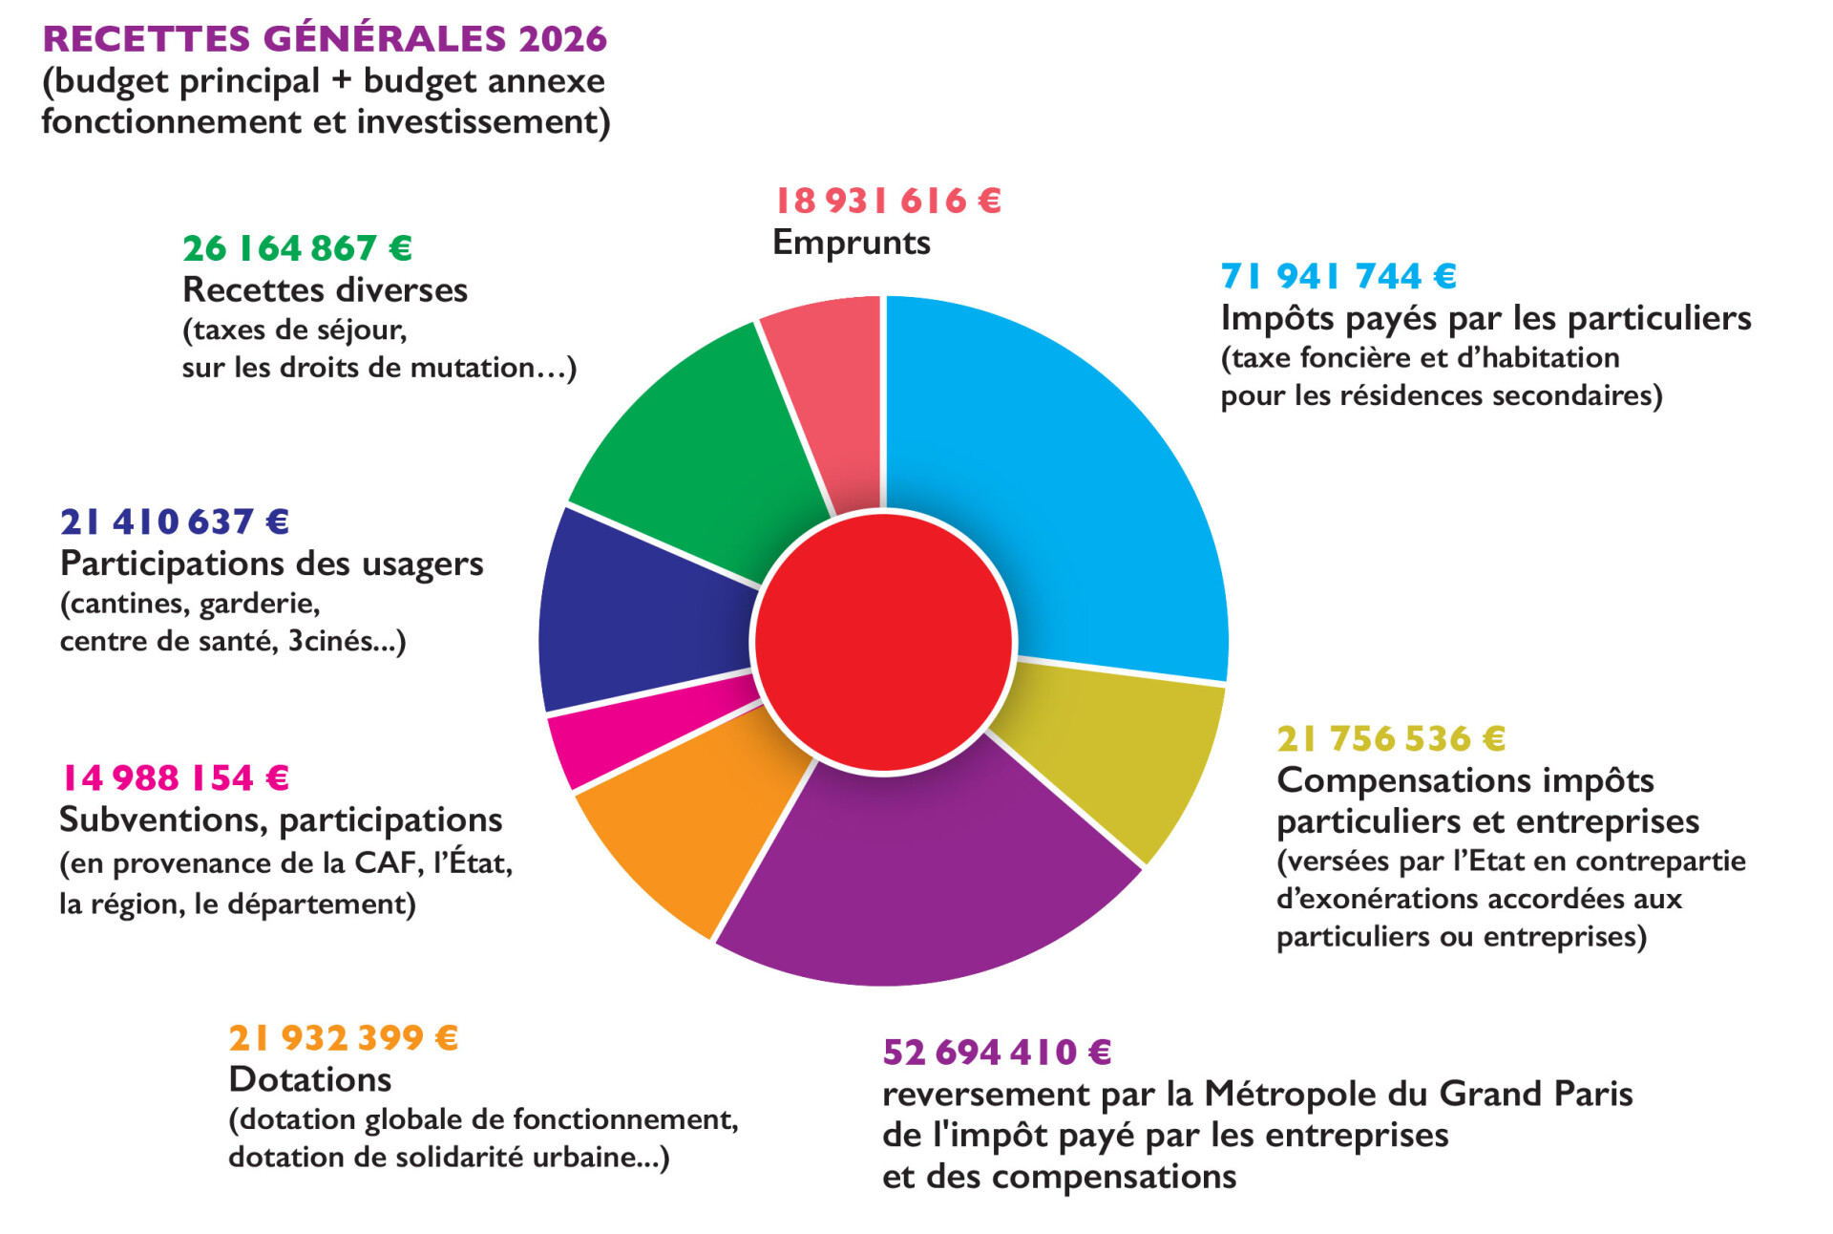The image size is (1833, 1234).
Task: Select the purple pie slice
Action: click(x=916, y=879)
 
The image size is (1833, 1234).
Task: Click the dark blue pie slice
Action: click(x=640, y=621)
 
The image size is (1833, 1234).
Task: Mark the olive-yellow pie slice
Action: click(x=1117, y=755)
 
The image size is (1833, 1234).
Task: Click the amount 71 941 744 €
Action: click(x=1338, y=277)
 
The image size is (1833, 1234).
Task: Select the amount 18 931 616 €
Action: click(x=888, y=202)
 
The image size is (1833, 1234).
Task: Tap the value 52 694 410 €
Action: click(x=997, y=1053)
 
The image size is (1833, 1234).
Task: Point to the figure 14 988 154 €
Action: click(x=175, y=778)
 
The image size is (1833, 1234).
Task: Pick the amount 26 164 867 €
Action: click(x=297, y=249)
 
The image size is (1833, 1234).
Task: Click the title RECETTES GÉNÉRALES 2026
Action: click(x=325, y=39)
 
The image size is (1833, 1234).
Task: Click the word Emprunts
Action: click(x=851, y=243)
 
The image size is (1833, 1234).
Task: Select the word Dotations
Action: click(x=310, y=1079)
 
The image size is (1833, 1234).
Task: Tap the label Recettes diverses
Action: click(x=325, y=289)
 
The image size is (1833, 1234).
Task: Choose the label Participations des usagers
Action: click(x=271, y=564)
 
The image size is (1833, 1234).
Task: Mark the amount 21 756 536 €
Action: click(x=1391, y=739)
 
